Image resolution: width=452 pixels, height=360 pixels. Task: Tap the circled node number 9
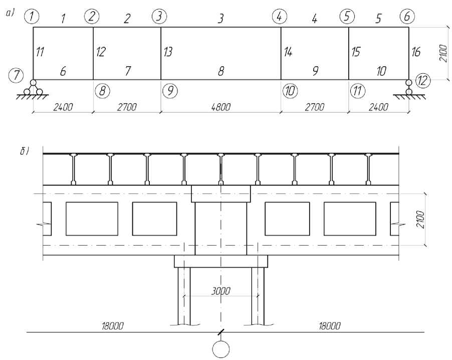point(170,91)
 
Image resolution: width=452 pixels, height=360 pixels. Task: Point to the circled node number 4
point(279,17)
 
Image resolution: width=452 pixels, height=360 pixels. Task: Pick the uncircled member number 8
point(220,72)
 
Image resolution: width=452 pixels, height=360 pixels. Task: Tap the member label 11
point(41,51)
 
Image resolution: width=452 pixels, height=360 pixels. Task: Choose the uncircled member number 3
point(220,19)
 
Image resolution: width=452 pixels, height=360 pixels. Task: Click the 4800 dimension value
point(220,107)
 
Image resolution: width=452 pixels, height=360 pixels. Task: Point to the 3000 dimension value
point(220,291)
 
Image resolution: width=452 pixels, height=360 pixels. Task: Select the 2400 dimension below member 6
point(62,107)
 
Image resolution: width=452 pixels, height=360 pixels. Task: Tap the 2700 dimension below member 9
point(314,107)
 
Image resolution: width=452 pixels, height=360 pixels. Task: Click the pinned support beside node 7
point(33,89)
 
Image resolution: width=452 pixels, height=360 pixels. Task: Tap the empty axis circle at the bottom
point(220,349)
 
